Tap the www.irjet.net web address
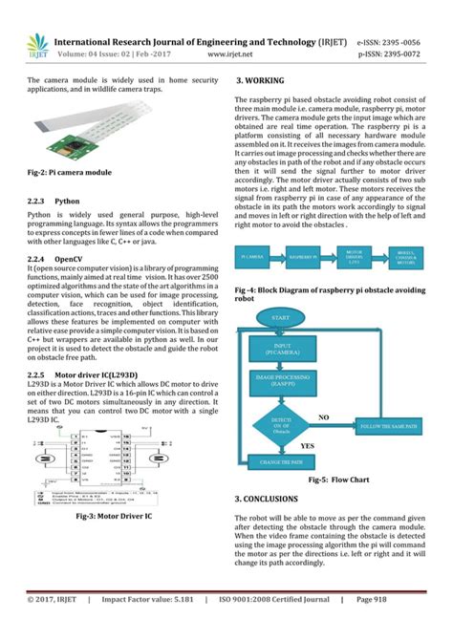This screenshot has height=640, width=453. click(226, 55)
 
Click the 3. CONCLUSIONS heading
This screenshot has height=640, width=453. click(272, 499)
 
